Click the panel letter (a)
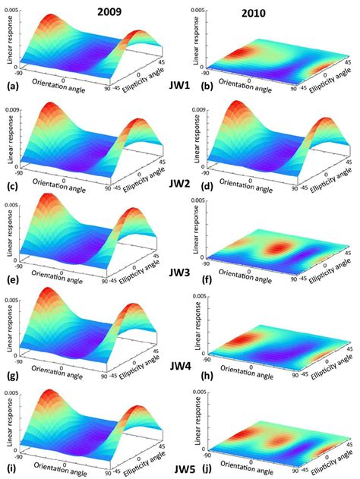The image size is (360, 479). point(11,87)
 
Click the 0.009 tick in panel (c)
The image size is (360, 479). point(25,110)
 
